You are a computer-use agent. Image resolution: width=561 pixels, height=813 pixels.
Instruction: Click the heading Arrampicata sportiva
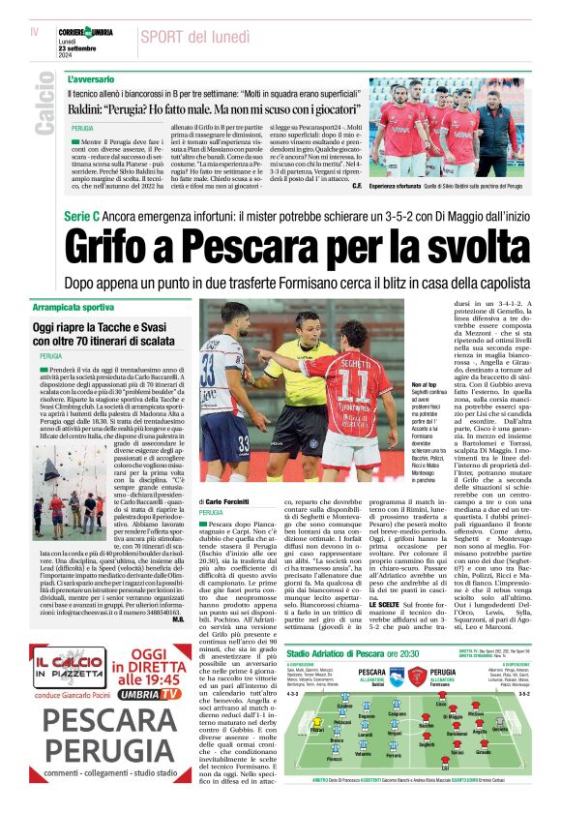pos(76,308)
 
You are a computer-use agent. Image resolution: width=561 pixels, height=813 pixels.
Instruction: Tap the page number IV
pos(34,32)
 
